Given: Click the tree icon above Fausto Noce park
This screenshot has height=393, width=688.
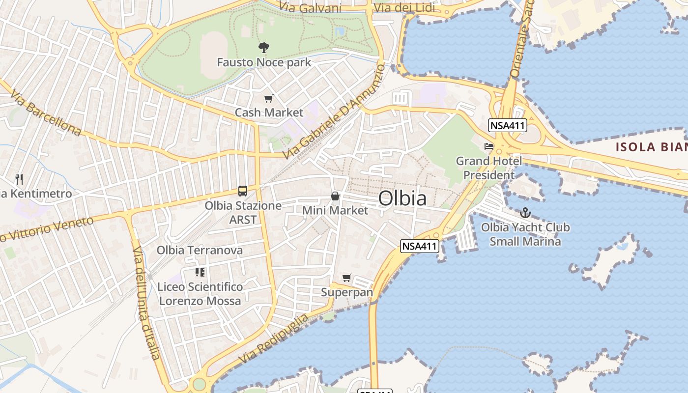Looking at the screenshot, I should click(x=264, y=48).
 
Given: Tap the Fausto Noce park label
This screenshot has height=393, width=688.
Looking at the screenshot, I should click(x=264, y=62).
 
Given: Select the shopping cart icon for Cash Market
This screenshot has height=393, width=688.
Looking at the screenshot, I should click(x=268, y=99).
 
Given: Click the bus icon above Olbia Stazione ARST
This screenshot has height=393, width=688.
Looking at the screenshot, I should click(x=242, y=191).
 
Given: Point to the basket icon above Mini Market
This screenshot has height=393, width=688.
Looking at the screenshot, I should click(x=335, y=196).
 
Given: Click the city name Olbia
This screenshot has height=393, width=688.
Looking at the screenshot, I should click(x=402, y=198).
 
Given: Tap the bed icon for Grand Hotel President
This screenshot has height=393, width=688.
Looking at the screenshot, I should click(x=488, y=146).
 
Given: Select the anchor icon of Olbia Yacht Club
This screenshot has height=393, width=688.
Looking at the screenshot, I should click(x=525, y=213).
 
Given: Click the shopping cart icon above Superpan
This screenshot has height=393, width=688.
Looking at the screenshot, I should click(x=347, y=278).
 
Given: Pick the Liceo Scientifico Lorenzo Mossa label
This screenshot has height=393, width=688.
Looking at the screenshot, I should click(x=200, y=293).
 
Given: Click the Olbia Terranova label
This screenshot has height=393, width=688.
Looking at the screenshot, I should click(x=200, y=250).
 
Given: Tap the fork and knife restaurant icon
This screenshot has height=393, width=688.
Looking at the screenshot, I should click(x=19, y=179).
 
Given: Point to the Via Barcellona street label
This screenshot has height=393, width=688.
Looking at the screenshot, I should click(x=45, y=113).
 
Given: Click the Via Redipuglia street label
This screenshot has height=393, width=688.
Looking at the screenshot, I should click(x=274, y=338).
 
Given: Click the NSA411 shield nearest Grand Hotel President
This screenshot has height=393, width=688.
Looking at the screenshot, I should click(x=508, y=125).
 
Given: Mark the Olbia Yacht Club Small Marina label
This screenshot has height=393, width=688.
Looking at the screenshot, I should click(x=525, y=234).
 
